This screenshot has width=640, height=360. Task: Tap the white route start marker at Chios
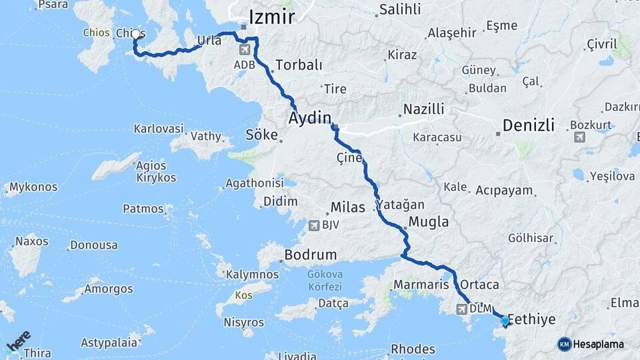coord(136,34)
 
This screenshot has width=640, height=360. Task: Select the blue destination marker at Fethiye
coord(505,321)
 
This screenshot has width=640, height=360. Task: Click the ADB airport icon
coord(244,50)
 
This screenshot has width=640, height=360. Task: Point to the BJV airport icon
coord(313,225)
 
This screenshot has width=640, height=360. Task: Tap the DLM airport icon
coord(461,309)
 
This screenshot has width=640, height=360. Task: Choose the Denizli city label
coord(529,125)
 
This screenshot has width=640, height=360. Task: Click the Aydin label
coord(309,119)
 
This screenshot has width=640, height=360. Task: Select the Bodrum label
coord(310,255)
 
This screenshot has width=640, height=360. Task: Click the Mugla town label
coord(428,222)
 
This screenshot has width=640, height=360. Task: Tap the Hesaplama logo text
coord(599,344)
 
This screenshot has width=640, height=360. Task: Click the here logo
coord(18,341)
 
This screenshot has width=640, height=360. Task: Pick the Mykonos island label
coord(33,187)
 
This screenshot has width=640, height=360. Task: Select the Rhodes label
coord(413,349)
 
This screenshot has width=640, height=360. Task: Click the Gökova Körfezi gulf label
coord(325,280)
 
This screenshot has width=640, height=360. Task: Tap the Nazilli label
coord(424,109)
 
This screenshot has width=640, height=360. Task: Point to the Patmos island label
coord(143,209)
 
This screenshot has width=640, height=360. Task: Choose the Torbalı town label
coord(299,65)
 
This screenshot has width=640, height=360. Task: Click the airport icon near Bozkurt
coord(579,137)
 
